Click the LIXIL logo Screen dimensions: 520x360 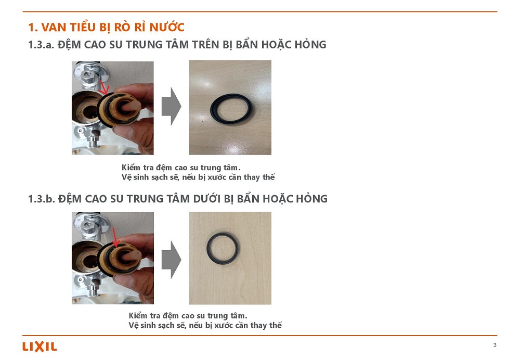click(x=40, y=346)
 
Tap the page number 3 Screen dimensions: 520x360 click(x=495, y=345)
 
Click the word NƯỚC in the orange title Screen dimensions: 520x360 click(x=167, y=27)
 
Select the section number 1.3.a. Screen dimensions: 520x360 click(x=41, y=45)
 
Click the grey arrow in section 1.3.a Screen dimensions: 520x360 click(x=172, y=106)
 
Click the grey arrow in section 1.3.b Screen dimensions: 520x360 click(x=172, y=260)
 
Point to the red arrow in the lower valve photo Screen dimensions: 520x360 click(x=115, y=237)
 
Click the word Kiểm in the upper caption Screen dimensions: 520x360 click(x=131, y=168)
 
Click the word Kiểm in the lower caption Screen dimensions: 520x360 click(x=138, y=316)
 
